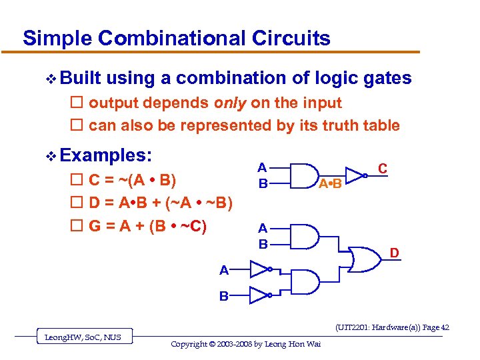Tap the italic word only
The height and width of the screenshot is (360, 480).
click(x=231, y=103)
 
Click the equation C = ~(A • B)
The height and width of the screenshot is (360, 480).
click(x=132, y=180)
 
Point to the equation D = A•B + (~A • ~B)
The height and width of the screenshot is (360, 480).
click(x=160, y=203)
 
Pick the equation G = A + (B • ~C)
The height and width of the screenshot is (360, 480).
click(x=147, y=226)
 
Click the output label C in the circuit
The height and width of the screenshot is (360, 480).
click(x=383, y=169)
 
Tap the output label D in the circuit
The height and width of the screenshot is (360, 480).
click(x=395, y=253)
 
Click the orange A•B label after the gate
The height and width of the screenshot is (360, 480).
click(x=329, y=184)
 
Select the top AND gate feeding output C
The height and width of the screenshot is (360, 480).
click(x=305, y=175)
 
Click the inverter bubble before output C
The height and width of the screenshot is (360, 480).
click(x=365, y=175)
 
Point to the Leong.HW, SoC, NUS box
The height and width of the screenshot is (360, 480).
click(x=83, y=337)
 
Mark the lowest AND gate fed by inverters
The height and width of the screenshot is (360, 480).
click(x=306, y=282)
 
